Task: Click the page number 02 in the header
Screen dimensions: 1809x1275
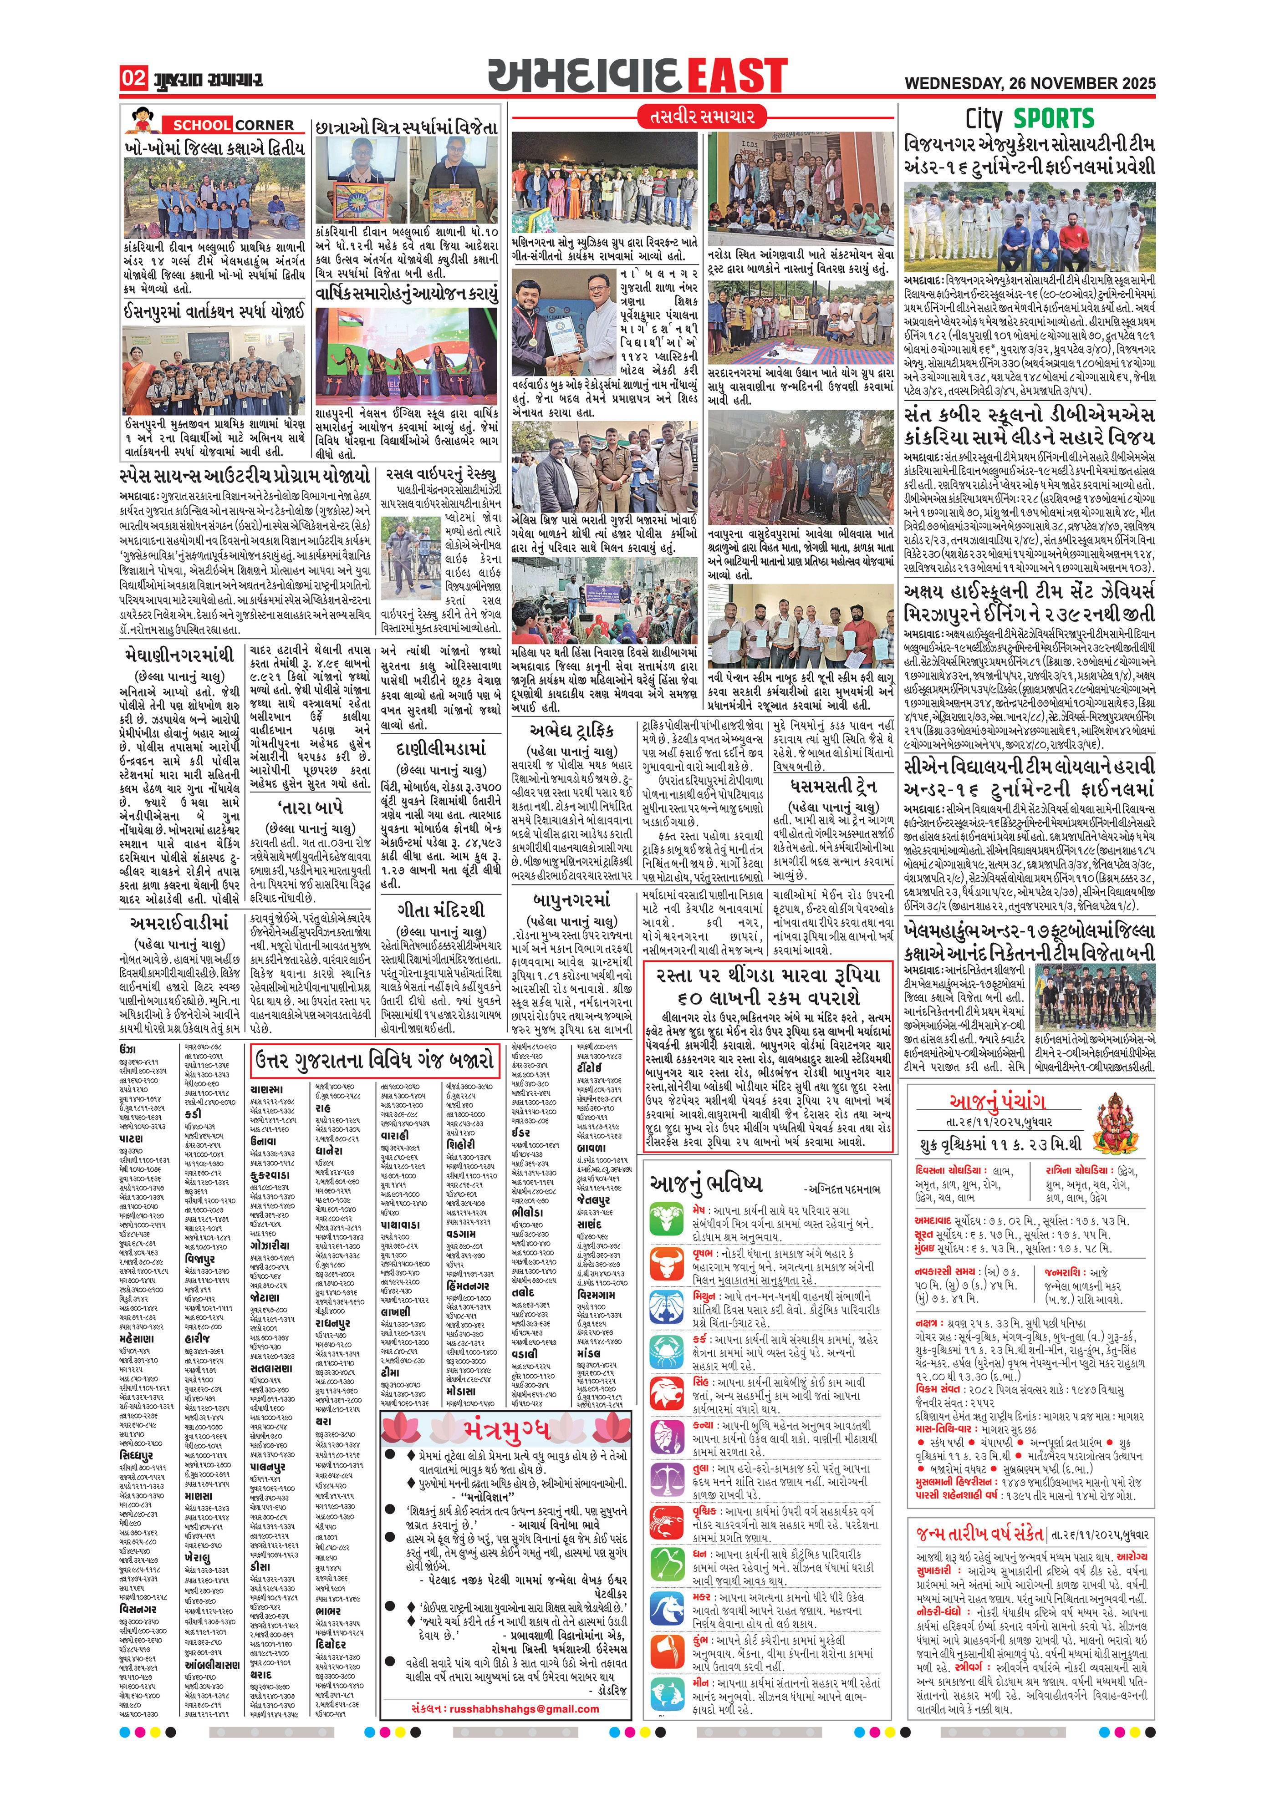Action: coord(133,77)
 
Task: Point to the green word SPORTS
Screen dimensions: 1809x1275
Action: coord(1054,119)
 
